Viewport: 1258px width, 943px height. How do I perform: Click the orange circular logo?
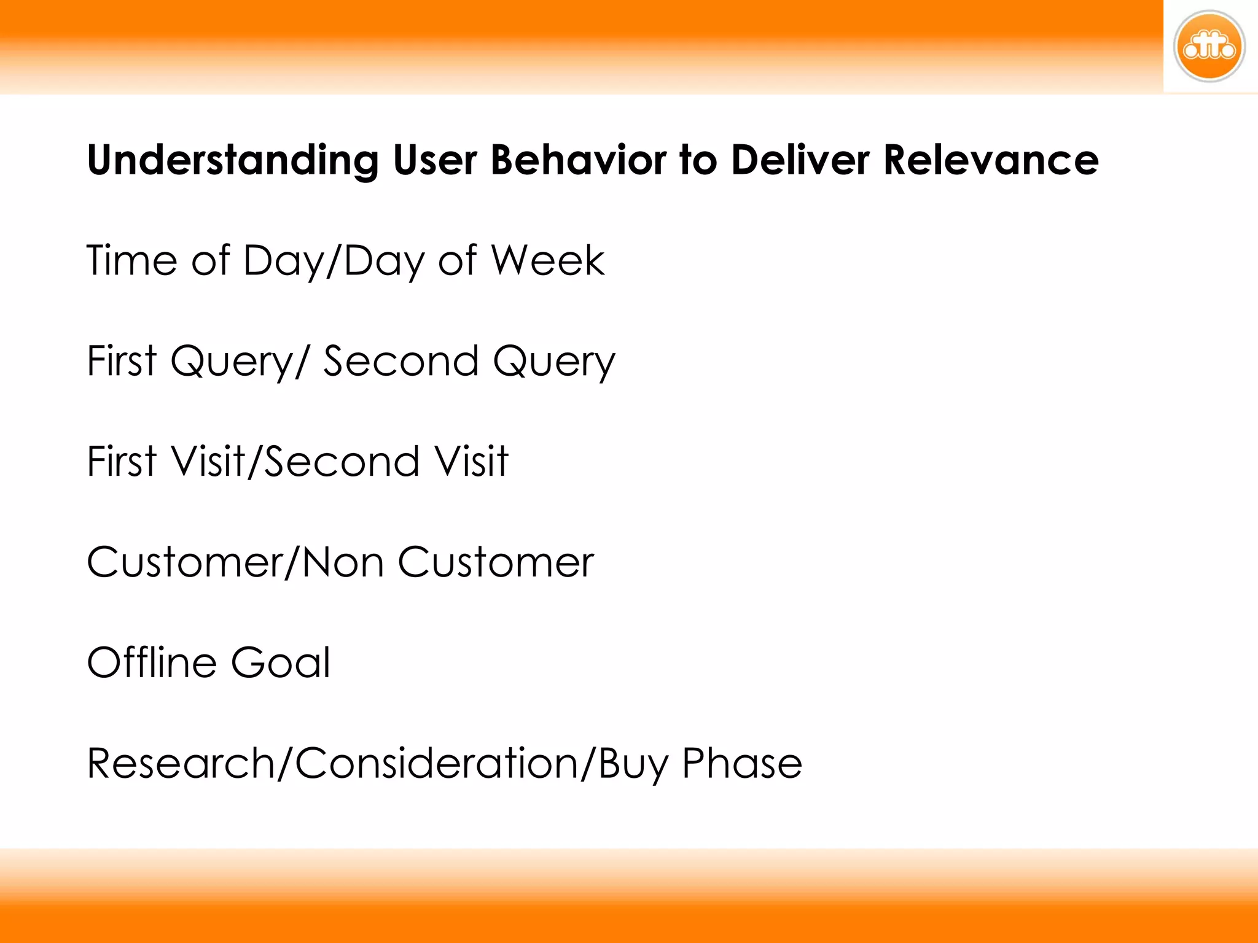tap(1209, 47)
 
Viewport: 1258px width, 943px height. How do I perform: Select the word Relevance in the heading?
tap(990, 160)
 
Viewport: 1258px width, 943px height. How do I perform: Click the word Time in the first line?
tap(131, 260)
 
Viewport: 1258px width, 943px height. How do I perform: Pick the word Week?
tap(548, 260)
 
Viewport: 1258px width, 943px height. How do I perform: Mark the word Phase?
tap(742, 763)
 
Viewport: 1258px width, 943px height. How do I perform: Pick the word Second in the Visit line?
tap(342, 461)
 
